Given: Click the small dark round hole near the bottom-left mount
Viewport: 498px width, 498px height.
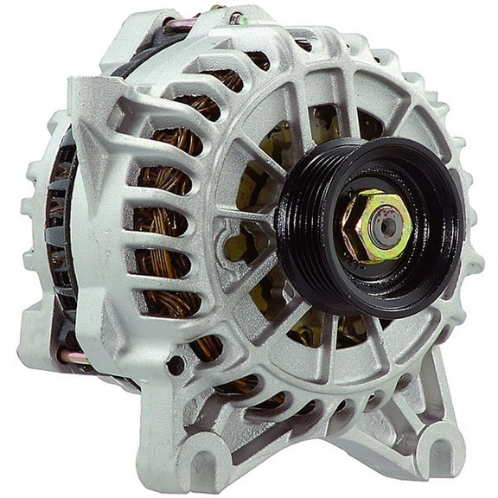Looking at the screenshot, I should pos(176,366).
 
